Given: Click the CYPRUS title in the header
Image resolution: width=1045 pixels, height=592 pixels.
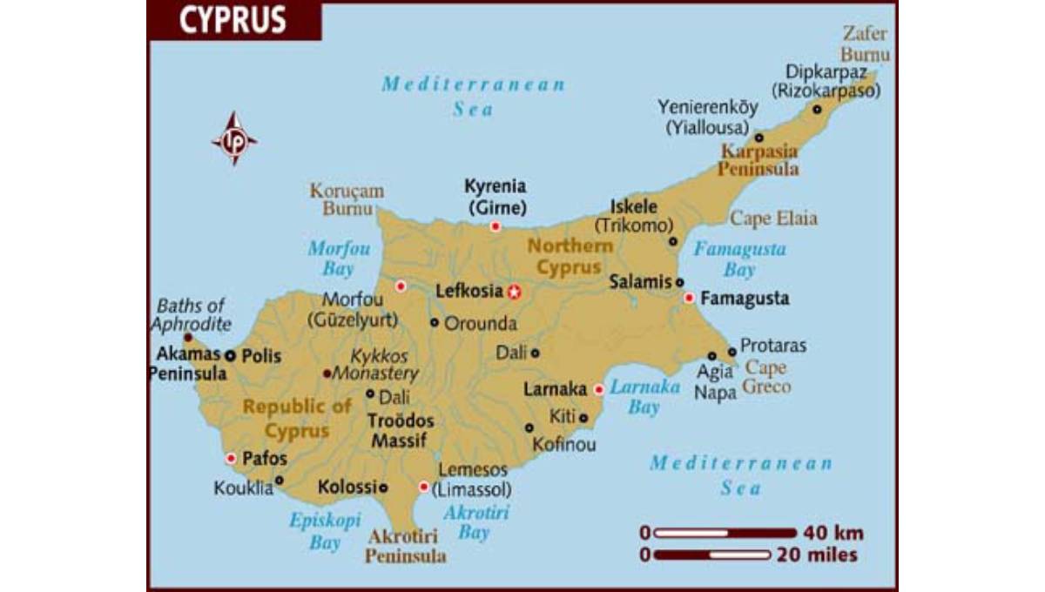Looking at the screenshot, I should (x=233, y=21).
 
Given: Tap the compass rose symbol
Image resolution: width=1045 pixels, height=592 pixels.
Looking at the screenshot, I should (x=234, y=138).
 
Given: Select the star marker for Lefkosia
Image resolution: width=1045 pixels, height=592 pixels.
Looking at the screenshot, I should (x=515, y=292).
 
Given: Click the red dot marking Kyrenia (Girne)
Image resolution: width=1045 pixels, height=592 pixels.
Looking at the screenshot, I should (x=495, y=226).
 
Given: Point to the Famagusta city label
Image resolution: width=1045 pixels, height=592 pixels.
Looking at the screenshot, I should (x=745, y=299).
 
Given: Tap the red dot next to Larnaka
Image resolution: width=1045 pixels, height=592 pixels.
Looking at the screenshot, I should (x=598, y=389).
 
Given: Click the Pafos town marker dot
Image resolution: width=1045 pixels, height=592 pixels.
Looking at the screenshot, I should (x=231, y=458).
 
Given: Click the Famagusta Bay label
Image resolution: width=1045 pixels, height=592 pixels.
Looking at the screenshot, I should (x=738, y=259).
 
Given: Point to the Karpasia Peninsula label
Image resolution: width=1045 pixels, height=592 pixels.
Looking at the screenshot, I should (x=758, y=160).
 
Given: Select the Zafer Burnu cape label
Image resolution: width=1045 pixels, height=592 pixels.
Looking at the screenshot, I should (x=864, y=44).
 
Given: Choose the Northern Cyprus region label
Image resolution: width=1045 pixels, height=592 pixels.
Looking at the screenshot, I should (x=570, y=257).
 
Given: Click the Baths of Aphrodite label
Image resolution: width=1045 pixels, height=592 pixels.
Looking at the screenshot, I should (x=191, y=315).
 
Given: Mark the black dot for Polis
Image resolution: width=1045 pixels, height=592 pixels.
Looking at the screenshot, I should (x=230, y=355).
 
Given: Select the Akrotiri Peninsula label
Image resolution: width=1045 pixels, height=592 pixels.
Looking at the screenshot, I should (x=406, y=546).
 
